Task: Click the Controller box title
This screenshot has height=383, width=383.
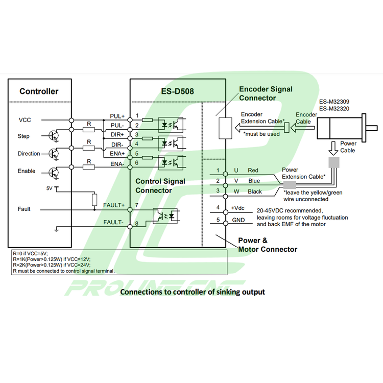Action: pyautogui.click(x=39, y=92)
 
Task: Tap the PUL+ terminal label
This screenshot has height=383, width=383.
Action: pyautogui.click(x=117, y=116)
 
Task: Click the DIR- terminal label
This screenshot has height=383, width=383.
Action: pyautogui.click(x=117, y=145)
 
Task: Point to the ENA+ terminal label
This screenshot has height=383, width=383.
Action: pyautogui.click(x=117, y=154)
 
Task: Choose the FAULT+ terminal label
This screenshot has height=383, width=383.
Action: pyautogui.click(x=114, y=205)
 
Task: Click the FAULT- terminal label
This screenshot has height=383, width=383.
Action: pyautogui.click(x=114, y=223)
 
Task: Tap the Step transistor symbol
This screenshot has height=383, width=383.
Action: pyautogui.click(x=54, y=135)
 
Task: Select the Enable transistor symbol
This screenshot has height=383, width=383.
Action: pyautogui.click(x=54, y=171)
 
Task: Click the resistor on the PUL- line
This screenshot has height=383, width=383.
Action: pyautogui.click(x=89, y=130)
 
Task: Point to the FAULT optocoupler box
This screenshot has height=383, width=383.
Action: pyautogui.click(x=165, y=215)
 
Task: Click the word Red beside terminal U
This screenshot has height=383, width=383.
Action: pyautogui.click(x=253, y=170)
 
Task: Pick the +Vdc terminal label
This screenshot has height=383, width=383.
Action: pyautogui.click(x=238, y=208)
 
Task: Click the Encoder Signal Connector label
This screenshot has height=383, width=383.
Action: pyautogui.click(x=266, y=93)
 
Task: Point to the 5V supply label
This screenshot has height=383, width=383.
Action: pyautogui.click(x=50, y=188)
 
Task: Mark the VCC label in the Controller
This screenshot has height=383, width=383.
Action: pyautogui.click(x=25, y=120)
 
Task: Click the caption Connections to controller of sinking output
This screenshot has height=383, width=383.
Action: pyautogui.click(x=192, y=292)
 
